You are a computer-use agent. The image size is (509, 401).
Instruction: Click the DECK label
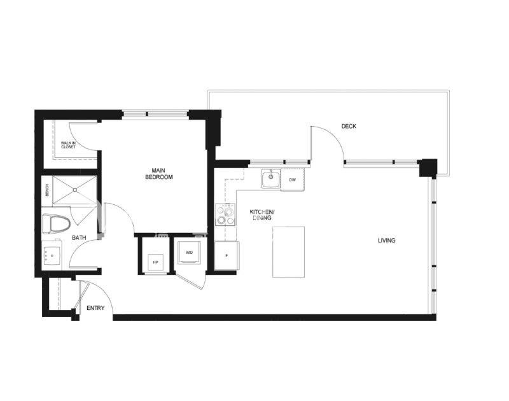click(x=349, y=126)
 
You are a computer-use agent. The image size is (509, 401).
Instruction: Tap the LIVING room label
click(x=386, y=241)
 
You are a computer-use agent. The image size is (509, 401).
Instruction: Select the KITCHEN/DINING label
click(x=262, y=215)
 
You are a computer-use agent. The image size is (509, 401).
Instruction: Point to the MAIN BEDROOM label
click(x=158, y=174)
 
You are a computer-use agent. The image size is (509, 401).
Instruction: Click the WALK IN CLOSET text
click(x=68, y=145)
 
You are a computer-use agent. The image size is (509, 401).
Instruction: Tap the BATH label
click(x=79, y=237)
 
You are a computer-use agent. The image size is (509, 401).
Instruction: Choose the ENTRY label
click(x=95, y=308)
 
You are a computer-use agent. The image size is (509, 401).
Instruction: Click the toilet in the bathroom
click(x=56, y=223)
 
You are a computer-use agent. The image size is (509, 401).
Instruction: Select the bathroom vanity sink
click(x=52, y=255)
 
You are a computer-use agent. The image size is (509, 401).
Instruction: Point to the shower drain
click(x=75, y=190)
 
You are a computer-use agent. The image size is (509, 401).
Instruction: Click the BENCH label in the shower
click(x=47, y=190)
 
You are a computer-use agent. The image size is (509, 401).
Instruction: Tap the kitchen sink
click(x=271, y=179)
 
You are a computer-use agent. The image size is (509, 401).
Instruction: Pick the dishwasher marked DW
click(x=293, y=179)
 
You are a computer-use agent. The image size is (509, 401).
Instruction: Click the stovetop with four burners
click(x=225, y=215)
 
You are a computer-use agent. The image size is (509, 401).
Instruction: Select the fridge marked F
click(x=227, y=255)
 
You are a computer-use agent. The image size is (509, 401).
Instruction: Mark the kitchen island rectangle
click(x=289, y=252)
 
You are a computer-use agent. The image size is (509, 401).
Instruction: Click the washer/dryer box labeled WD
click(x=189, y=251)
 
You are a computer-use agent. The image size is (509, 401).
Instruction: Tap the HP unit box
click(x=155, y=262)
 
